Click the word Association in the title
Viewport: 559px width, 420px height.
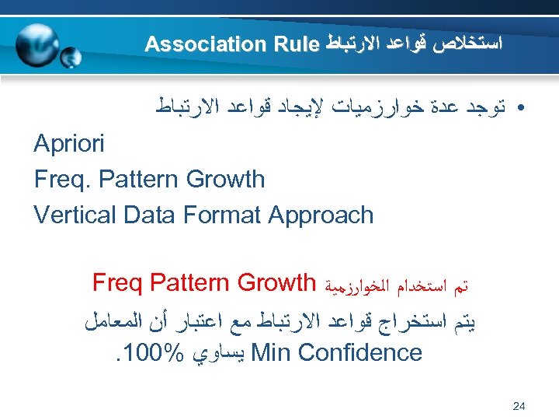click(203, 44)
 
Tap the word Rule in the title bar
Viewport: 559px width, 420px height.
click(294, 44)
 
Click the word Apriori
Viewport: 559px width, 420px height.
click(69, 145)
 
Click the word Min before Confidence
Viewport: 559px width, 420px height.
click(269, 353)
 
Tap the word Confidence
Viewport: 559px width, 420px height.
click(358, 353)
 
